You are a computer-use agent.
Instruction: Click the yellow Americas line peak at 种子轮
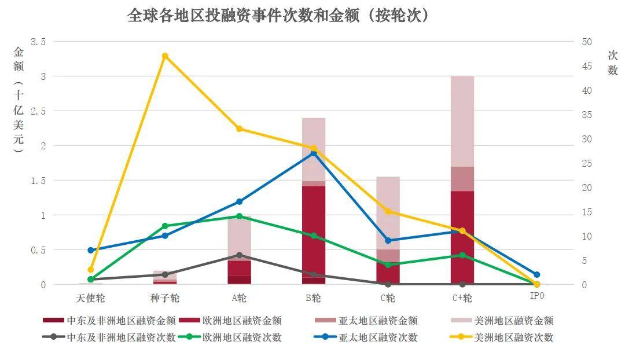pos(165,56)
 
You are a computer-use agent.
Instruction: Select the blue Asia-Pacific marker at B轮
pos(314,153)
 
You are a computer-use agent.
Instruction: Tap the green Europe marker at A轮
pos(239,216)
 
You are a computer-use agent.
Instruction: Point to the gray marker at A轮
pos(239,255)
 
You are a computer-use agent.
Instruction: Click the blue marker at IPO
pos(536,274)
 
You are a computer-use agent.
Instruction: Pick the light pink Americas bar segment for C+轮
pos(462,122)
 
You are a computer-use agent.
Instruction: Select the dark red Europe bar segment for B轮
pos(314,232)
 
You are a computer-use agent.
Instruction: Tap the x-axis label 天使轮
pos(91,298)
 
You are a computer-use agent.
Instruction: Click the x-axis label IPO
pos(536,296)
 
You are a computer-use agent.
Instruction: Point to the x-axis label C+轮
pos(462,298)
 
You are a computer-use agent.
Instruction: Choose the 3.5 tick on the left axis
pos(38,42)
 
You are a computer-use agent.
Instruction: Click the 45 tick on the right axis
pos(586,66)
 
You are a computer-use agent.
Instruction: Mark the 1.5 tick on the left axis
pos(38,181)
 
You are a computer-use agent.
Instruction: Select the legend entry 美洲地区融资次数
pos(513,337)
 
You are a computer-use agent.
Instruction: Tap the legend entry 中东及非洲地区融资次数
pos(121,337)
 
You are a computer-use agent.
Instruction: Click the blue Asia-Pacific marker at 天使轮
pos(91,251)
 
